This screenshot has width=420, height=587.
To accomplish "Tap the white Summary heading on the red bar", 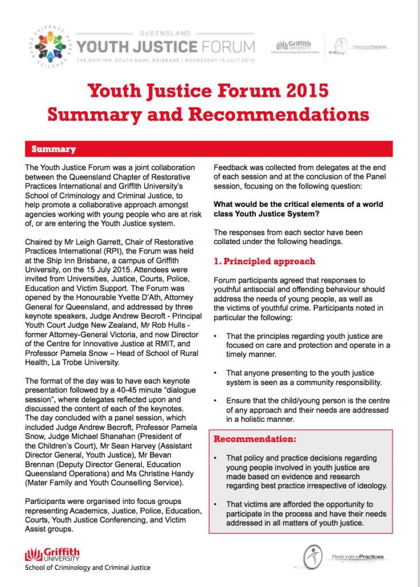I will coord(53,149).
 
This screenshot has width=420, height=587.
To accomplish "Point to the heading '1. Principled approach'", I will coord(264,261).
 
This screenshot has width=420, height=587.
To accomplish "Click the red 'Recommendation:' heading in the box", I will coord(255,440).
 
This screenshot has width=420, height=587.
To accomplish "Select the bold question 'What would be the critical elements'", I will coord(298,204).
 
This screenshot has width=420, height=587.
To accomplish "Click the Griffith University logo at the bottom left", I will coord(53,555).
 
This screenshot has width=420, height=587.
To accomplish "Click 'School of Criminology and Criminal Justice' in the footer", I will coord(87,568).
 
